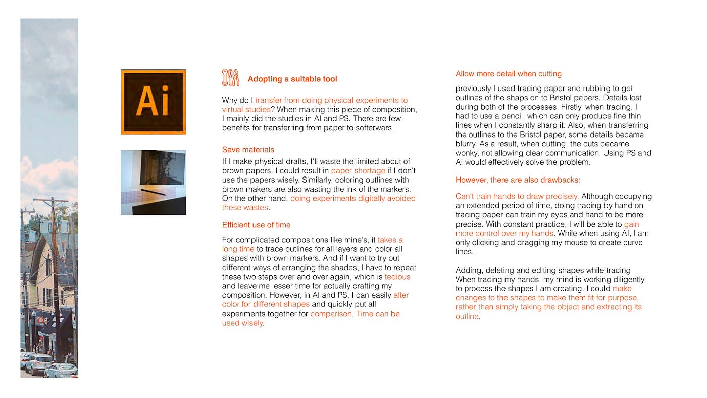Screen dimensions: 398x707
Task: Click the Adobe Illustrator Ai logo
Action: [x=153, y=102]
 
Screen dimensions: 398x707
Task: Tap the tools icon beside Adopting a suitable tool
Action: [x=230, y=78]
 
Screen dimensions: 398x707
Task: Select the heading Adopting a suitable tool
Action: [x=292, y=79]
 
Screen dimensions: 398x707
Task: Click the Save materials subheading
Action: [x=248, y=150]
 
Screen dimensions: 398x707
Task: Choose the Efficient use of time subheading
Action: [x=256, y=225]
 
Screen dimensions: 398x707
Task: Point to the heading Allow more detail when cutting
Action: [x=508, y=74]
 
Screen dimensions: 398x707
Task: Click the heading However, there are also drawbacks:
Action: [x=518, y=180]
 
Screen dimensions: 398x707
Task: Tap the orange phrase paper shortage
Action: [x=358, y=171]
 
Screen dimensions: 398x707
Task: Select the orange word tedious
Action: [x=397, y=277]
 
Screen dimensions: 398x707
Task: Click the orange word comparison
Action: [x=331, y=314]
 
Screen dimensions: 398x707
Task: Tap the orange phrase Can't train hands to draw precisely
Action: [x=516, y=196]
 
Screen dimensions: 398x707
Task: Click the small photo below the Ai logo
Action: [x=153, y=183]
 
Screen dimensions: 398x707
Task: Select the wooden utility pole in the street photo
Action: [x=55, y=263]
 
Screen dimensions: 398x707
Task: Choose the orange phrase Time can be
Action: [x=378, y=314]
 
